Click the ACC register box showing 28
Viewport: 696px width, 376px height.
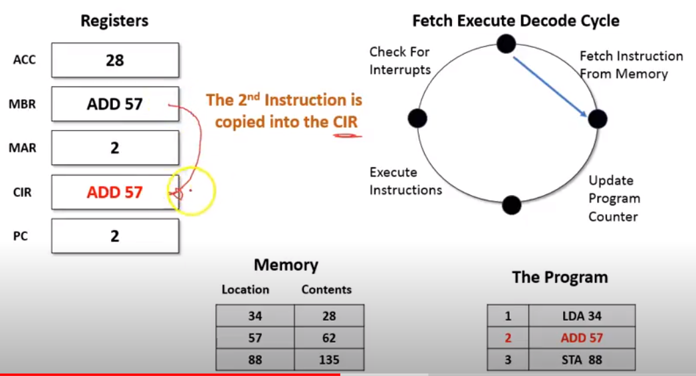(114, 61)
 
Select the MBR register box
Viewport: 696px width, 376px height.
(114, 104)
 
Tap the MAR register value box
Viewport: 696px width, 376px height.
(114, 148)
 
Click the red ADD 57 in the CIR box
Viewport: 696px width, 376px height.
(114, 192)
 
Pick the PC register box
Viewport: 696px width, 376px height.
(114, 236)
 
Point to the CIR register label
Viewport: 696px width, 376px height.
(23, 192)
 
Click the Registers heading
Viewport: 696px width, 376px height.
(114, 21)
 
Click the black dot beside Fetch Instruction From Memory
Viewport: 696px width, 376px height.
(598, 119)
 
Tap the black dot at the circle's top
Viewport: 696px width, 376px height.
(507, 44)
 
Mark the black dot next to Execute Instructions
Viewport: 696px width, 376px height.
(417, 118)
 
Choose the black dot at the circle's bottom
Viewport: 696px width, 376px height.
(511, 205)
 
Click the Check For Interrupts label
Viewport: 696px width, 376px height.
(400, 61)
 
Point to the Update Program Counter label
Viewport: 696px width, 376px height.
(614, 198)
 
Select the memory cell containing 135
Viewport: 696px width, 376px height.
(329, 360)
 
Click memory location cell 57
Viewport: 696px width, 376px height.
(255, 338)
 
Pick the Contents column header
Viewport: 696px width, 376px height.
(326, 289)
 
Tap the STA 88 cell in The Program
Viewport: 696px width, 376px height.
(582, 360)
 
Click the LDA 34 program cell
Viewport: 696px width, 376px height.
(582, 315)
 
